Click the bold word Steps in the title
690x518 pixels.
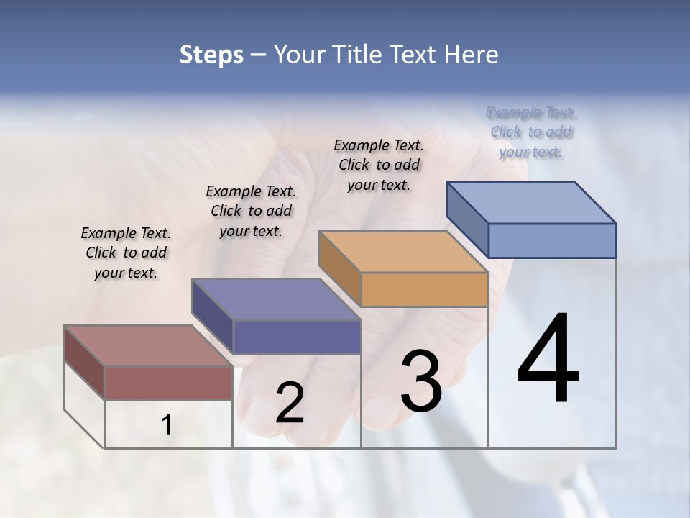[211, 55]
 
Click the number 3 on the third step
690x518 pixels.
[420, 381]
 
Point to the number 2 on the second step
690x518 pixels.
[290, 403]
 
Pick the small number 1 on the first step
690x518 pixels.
[167, 425]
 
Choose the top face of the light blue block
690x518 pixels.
[532, 203]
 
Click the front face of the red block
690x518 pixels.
[168, 383]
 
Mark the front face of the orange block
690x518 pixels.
[424, 290]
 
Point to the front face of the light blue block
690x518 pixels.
[552, 240]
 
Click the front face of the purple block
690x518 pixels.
[297, 337]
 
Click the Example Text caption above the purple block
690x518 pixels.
[251, 212]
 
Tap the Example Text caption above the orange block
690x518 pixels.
[379, 165]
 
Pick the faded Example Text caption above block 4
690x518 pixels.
[531, 132]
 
